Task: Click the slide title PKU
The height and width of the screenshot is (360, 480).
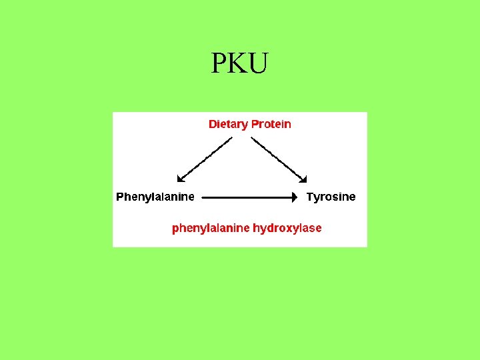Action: (x=239, y=63)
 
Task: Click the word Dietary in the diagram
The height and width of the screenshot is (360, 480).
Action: (x=227, y=124)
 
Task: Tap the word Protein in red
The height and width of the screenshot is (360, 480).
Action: (x=271, y=124)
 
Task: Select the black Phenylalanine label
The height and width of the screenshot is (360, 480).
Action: (x=155, y=197)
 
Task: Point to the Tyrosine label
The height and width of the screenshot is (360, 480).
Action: (x=331, y=197)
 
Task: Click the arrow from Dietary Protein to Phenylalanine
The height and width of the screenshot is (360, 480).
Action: (x=204, y=159)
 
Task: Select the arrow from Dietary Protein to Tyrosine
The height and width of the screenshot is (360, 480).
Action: (x=279, y=159)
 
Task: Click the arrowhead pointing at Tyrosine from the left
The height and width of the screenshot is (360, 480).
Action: (x=294, y=197)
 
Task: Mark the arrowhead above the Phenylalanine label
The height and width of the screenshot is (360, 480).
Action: (x=179, y=179)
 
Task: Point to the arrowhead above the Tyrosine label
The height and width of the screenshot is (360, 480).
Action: (x=303, y=178)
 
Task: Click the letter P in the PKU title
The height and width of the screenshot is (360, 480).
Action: (x=219, y=63)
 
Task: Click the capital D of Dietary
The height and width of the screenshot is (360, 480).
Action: (x=213, y=124)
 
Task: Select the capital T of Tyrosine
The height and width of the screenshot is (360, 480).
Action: (x=309, y=197)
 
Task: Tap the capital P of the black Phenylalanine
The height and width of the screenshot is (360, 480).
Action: (x=120, y=197)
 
